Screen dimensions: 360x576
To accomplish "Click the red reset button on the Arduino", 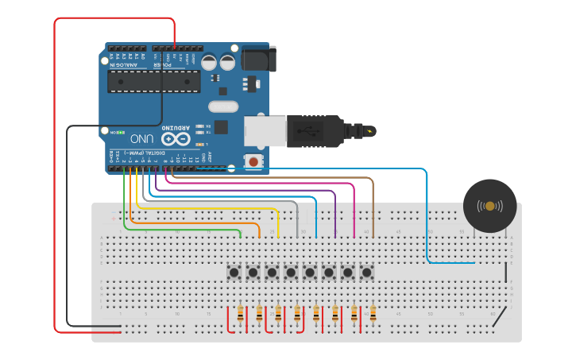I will (253, 162).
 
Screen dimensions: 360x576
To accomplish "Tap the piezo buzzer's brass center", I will (489, 206).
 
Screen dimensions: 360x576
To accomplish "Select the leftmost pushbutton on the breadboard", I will (234, 273).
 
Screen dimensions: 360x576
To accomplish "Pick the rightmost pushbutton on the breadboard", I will (367, 273).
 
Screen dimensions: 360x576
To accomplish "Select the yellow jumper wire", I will (207, 208).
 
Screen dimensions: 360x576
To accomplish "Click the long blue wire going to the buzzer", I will (427, 223).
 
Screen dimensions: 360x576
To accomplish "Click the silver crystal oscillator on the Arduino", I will (223, 106).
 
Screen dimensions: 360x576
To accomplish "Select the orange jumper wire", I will (191, 223).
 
